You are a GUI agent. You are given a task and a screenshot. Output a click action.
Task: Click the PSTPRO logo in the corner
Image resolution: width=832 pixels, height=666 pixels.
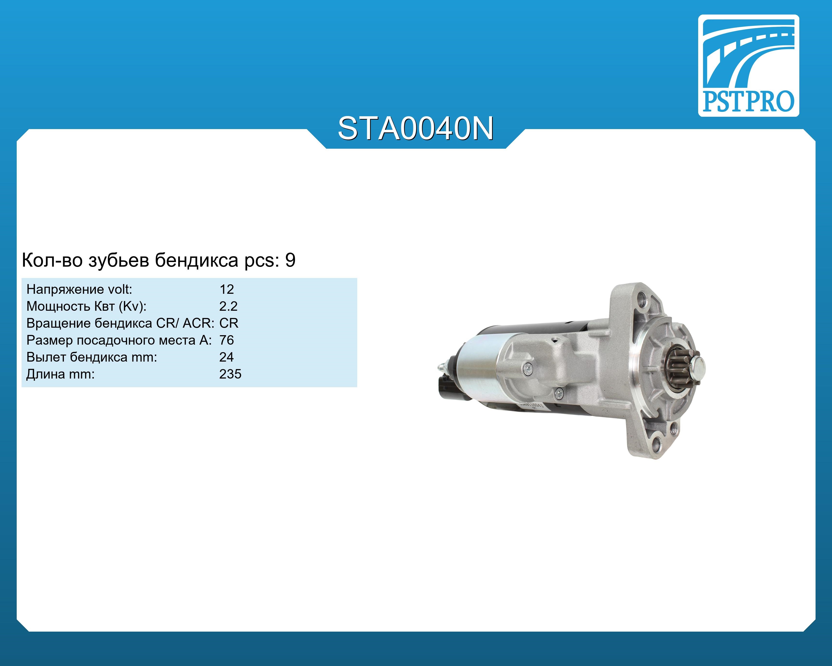[x=748, y=66]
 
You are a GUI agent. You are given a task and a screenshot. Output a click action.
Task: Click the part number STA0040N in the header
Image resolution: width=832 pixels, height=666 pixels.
[x=416, y=129]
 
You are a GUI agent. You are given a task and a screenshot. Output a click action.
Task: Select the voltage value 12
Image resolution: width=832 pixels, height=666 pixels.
[x=227, y=289]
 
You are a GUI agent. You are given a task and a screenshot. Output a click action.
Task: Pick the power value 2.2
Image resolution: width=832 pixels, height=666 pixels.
[x=228, y=306]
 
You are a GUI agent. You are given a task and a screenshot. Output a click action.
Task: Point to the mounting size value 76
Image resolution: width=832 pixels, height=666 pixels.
[x=227, y=340]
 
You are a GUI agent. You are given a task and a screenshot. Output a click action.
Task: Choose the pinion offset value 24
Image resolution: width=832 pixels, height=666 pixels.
[x=227, y=357]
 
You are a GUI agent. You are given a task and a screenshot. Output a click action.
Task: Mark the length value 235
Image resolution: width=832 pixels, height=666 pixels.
[x=230, y=374]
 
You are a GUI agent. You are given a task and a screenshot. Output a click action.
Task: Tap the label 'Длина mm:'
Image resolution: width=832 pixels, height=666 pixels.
[x=60, y=374]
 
